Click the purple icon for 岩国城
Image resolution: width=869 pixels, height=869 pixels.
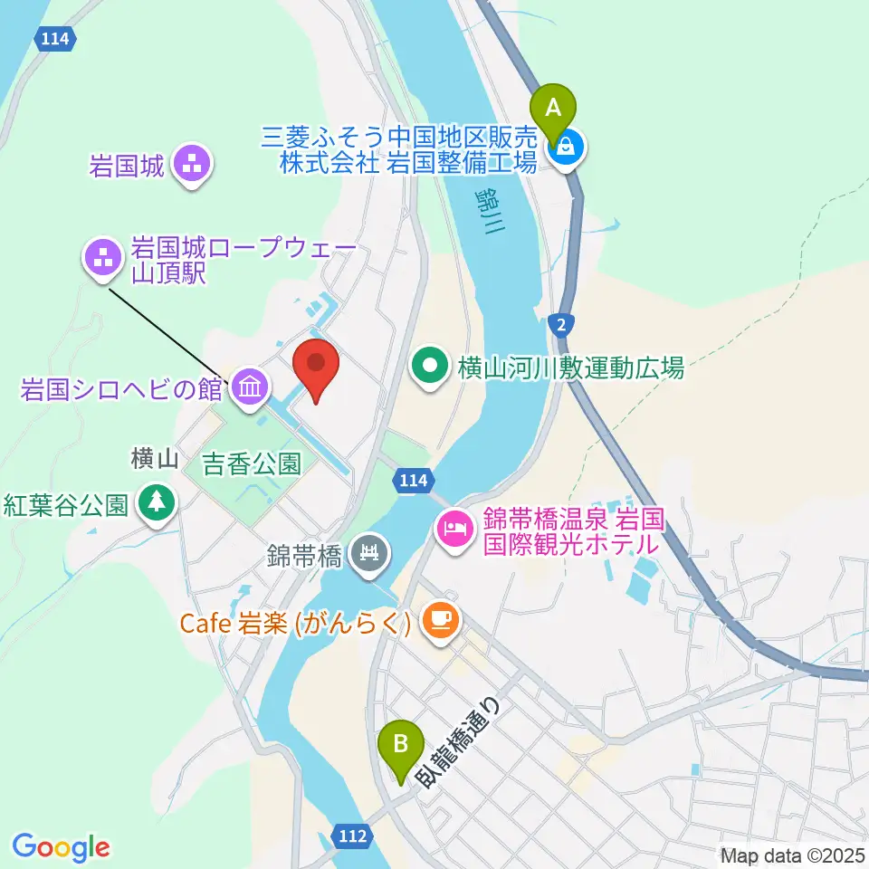tap(192, 165)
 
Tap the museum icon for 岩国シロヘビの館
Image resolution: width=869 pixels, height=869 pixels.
tap(247, 389)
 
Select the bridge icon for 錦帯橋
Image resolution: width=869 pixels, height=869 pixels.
tap(370, 551)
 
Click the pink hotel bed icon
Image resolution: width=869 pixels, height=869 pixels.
tap(453, 527)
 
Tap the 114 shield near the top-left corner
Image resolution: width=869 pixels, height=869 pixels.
tap(57, 39)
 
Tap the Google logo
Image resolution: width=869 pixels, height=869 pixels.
tap(61, 847)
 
